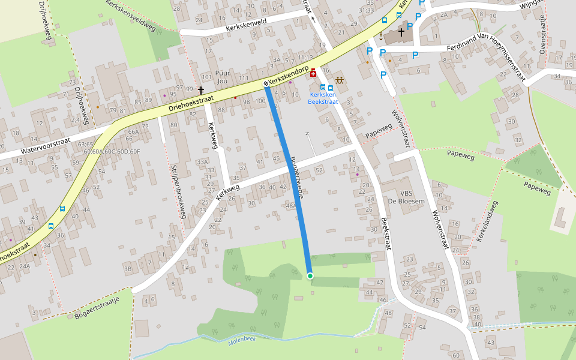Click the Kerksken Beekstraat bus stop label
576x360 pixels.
click(x=323, y=98)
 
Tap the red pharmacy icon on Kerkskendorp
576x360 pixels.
click(x=313, y=72)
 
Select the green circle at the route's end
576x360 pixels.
click(x=310, y=276)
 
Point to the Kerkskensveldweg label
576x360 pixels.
click(x=130, y=16)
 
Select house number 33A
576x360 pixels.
click(x=202, y=162)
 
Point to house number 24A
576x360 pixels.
click(x=24, y=266)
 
